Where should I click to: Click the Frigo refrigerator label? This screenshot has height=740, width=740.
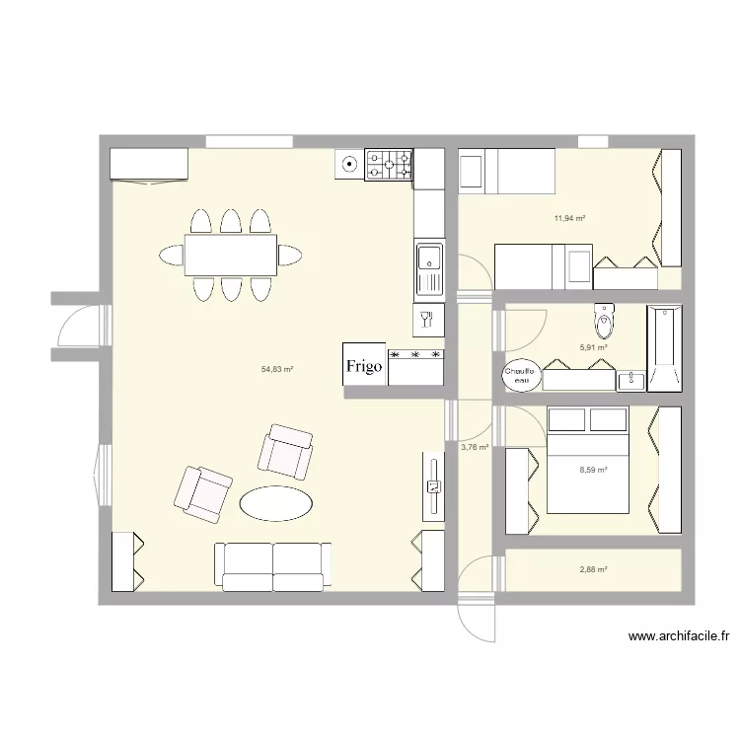(363, 366)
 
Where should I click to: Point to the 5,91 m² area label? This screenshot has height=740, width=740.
(592, 347)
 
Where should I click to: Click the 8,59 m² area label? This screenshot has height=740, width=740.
(592, 470)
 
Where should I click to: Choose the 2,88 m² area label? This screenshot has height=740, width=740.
(592, 569)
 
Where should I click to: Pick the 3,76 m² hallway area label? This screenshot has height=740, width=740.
(475, 447)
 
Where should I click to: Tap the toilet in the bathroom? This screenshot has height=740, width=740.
(605, 320)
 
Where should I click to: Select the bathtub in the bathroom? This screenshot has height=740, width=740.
(664, 348)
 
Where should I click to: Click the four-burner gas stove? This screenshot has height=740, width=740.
(389, 165)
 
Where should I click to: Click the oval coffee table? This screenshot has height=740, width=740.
(277, 503)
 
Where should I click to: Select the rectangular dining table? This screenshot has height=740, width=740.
(230, 256)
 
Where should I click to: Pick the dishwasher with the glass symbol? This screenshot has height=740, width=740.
(428, 319)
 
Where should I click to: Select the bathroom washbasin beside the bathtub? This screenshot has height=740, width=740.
(629, 379)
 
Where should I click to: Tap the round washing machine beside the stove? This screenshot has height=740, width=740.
(348, 165)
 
